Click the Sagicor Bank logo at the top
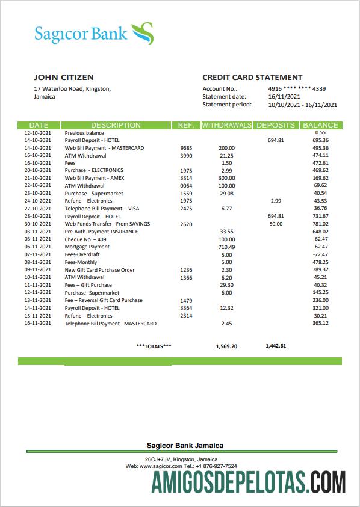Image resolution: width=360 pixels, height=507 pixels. click(x=93, y=34)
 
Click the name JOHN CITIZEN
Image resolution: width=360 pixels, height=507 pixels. click(x=64, y=78)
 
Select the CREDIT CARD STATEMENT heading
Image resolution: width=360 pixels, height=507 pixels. click(x=252, y=78)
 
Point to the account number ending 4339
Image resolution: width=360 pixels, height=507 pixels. click(x=297, y=88)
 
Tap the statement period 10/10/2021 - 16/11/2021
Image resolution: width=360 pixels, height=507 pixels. click(x=302, y=105)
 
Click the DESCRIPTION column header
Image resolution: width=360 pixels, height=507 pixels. click(x=116, y=125)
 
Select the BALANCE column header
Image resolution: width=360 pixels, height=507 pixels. click(x=320, y=125)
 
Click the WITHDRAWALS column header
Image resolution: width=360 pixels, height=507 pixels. click(x=226, y=125)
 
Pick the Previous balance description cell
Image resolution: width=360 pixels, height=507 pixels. click(x=84, y=133)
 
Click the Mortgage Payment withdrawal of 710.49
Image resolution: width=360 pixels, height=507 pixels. click(x=226, y=247)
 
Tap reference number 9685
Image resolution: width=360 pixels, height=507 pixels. click(x=186, y=148)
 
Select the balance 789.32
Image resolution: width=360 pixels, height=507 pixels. click(x=320, y=270)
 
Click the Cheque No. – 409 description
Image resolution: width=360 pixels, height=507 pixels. click(x=84, y=239)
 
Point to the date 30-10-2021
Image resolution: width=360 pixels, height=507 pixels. click(x=38, y=224)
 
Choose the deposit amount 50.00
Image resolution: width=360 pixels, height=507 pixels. click(x=276, y=224)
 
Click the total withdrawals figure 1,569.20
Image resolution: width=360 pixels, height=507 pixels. click(x=226, y=346)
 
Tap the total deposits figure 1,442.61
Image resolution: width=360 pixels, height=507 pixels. click(x=276, y=346)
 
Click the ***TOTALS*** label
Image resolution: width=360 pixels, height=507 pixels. click(x=154, y=346)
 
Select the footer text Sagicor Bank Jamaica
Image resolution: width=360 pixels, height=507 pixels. click(x=185, y=446)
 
